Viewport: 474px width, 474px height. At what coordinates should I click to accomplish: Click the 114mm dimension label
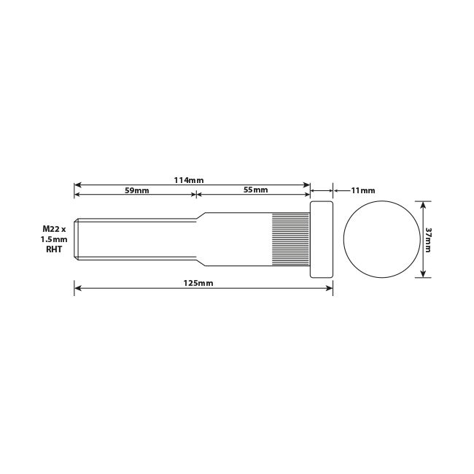(x=192, y=179)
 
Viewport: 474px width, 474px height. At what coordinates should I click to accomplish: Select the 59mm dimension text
(x=136, y=190)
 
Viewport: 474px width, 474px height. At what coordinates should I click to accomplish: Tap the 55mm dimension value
(x=255, y=190)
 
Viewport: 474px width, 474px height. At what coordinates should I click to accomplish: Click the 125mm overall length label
(x=201, y=283)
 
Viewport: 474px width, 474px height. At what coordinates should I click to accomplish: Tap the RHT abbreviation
(x=55, y=249)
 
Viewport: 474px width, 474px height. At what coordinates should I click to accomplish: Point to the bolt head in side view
(x=322, y=239)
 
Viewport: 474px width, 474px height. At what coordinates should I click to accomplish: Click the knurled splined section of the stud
(x=291, y=239)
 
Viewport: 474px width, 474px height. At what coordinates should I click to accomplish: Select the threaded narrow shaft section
(x=135, y=239)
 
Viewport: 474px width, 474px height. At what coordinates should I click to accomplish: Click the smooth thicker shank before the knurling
(x=237, y=239)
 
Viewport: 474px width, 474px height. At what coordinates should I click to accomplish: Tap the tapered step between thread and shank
(x=199, y=239)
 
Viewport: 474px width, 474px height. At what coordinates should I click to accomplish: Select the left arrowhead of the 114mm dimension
(x=77, y=185)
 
